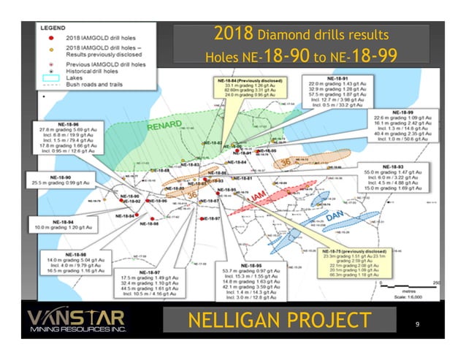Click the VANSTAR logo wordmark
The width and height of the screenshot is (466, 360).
click(x=76, y=317)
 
